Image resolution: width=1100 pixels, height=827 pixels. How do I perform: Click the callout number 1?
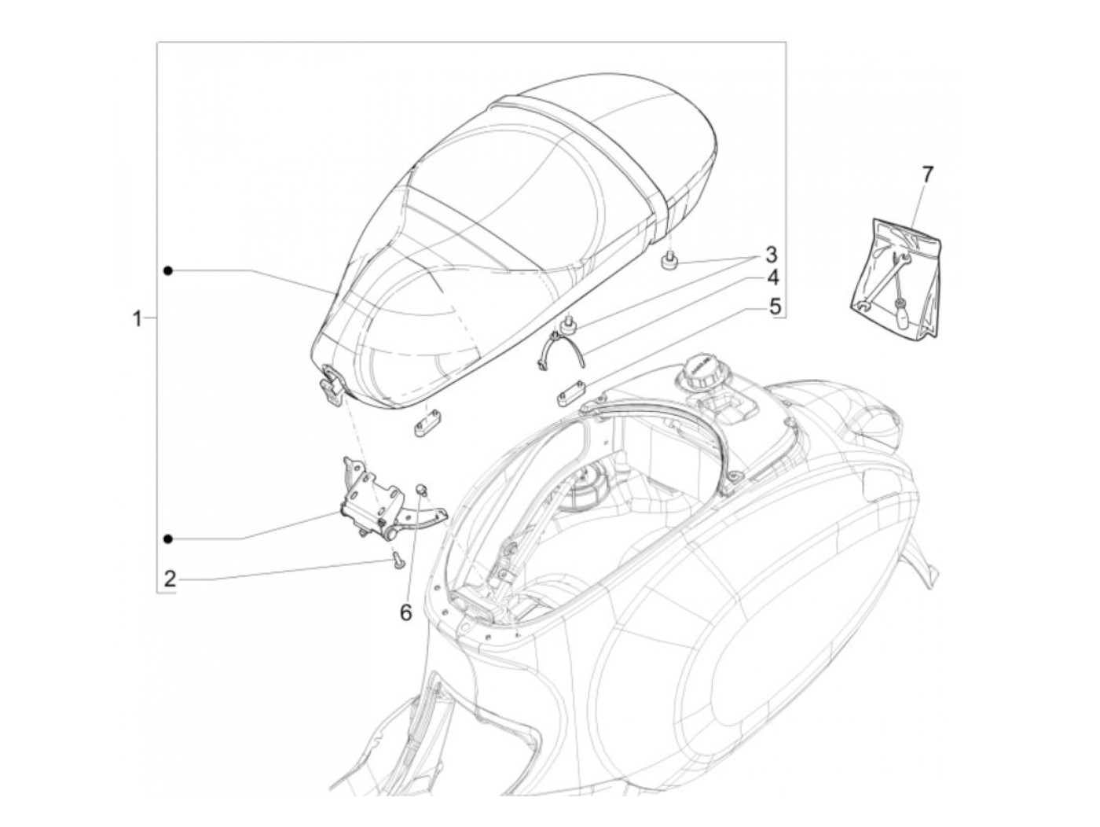click(137, 318)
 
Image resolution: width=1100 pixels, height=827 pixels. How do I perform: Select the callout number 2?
click(170, 579)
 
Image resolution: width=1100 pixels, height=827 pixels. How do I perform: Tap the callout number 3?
click(770, 255)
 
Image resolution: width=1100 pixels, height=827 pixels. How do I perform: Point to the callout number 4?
click(773, 278)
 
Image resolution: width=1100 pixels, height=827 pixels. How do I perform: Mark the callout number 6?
click(405, 612)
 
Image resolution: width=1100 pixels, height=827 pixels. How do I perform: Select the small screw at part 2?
click(399, 560)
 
